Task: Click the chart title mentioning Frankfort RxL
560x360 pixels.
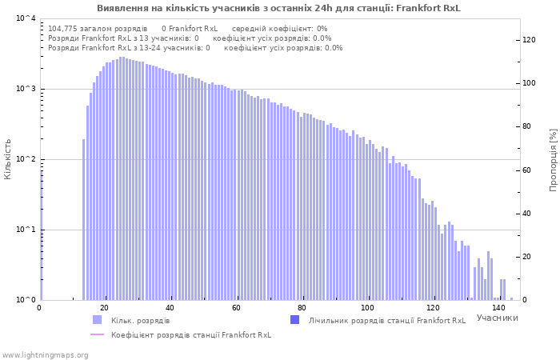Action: point(278,8)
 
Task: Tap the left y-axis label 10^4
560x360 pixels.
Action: point(26,18)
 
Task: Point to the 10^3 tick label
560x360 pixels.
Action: point(26,89)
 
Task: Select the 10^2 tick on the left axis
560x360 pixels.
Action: point(26,159)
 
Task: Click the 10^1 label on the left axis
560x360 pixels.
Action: point(26,230)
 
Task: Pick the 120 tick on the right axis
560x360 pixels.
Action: point(529,40)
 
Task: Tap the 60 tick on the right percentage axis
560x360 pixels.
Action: point(526,170)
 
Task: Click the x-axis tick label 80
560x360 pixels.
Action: point(302,308)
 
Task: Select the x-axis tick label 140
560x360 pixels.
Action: point(499,308)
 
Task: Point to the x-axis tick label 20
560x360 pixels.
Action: point(105,308)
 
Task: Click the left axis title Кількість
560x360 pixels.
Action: point(7,159)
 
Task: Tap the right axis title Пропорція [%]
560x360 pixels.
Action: point(553,160)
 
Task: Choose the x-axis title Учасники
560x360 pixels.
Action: point(497,318)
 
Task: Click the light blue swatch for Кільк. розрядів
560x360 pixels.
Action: point(97,320)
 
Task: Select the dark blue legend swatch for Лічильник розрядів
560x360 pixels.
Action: point(294,320)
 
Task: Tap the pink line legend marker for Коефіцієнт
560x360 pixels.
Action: point(97,334)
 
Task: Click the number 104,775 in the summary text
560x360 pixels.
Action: point(60,29)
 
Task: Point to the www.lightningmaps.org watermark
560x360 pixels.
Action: point(45,355)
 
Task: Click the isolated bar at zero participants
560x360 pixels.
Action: point(42,235)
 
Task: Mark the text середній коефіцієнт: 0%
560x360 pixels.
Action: point(280,29)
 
